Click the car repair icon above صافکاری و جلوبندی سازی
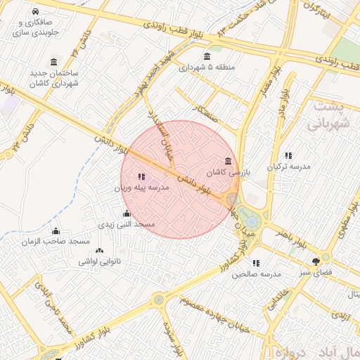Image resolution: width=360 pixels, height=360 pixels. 36,13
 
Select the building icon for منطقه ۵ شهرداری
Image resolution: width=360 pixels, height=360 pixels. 206,57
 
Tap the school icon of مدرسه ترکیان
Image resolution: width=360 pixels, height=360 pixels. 288,155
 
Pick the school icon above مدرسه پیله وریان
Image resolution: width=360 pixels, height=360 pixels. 141,177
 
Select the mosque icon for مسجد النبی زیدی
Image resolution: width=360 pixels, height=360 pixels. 127,213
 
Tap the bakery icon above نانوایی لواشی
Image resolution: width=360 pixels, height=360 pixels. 98,250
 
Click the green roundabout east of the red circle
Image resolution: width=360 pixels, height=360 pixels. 247,215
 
